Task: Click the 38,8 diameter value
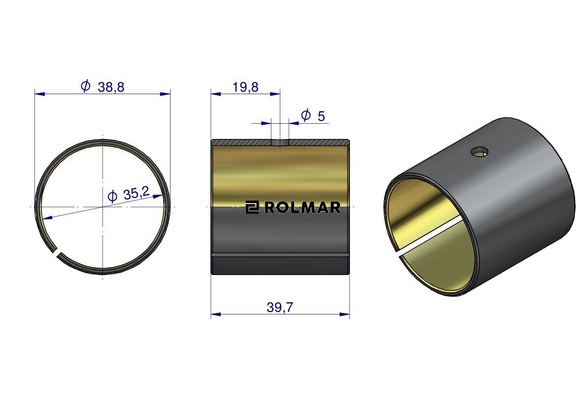(x=111, y=87)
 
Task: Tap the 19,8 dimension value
(x=245, y=87)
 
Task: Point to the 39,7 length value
(x=279, y=308)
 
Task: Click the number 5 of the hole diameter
(x=321, y=116)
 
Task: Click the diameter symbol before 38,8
(x=85, y=86)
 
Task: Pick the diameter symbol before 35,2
(x=112, y=197)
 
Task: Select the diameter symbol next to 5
(x=306, y=115)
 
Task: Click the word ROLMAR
(x=303, y=207)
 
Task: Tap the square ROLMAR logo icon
(x=252, y=207)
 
